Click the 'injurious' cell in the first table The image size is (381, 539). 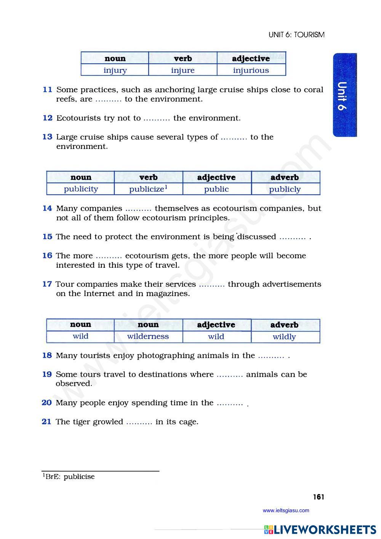251,70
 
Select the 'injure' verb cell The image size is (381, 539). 183,70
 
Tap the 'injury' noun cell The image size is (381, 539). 115,70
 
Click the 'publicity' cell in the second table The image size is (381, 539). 81,189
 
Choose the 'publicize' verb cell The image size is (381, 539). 148,189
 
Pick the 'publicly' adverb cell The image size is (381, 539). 285,189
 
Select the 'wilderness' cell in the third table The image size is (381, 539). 148,336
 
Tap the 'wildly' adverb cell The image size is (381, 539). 284,337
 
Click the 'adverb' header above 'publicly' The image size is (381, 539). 285,178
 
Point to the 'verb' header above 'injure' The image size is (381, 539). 183,59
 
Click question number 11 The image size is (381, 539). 47,90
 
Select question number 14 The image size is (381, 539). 47,208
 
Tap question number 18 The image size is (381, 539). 47,355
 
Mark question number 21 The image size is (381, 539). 46,422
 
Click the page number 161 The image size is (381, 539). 319,497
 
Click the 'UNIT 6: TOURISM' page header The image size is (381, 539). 296,35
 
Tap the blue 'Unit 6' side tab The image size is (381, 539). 344,95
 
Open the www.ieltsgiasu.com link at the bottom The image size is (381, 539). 286,510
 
